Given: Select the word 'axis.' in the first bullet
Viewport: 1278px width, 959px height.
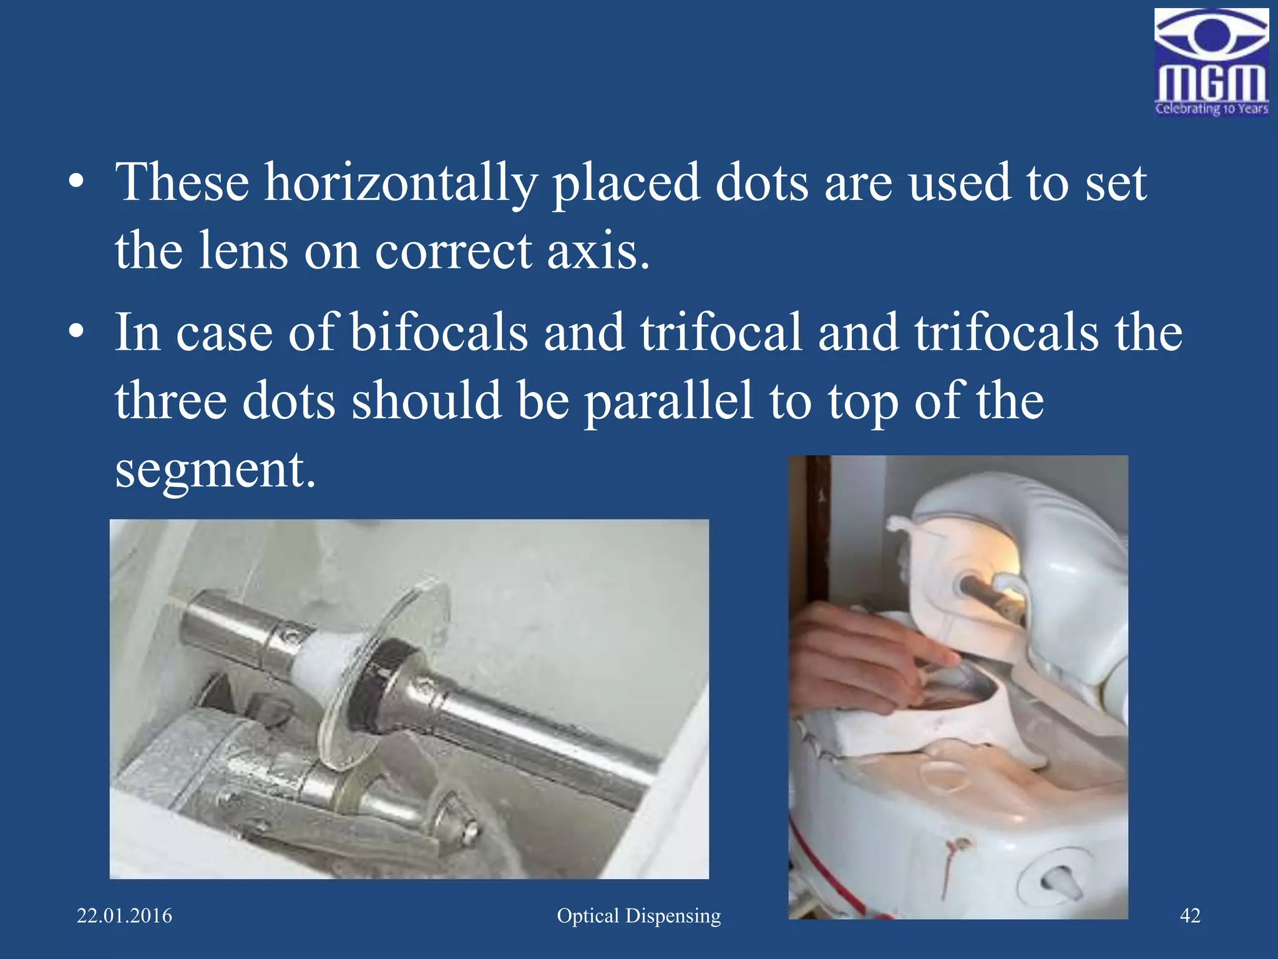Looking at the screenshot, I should tap(598, 252).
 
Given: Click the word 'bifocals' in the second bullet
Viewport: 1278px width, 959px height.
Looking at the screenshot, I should tap(438, 333).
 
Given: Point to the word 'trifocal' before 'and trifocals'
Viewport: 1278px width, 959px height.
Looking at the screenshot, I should tap(720, 333).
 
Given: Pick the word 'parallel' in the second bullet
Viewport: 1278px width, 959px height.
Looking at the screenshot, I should tap(668, 401).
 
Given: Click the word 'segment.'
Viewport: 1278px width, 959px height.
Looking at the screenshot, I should tap(215, 470).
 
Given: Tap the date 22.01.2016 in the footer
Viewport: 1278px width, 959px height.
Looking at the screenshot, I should tap(124, 916).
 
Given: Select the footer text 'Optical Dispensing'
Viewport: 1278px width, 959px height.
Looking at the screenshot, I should tap(638, 916).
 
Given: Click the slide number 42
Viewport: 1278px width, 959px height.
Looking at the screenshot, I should tap(1190, 916).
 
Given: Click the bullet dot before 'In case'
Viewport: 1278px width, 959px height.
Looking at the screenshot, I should tap(76, 332).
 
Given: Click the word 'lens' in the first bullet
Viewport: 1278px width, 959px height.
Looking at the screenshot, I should tap(243, 252).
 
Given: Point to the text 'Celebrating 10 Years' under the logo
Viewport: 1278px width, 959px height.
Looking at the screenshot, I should tap(1211, 109).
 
